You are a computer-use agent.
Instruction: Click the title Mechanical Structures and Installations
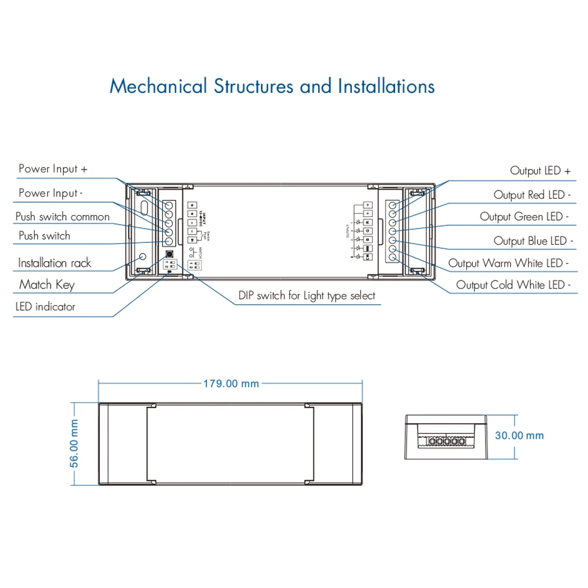(x=272, y=86)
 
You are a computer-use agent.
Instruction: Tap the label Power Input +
(x=53, y=169)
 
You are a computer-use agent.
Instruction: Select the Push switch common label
(x=62, y=216)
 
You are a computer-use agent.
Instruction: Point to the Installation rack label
(x=54, y=263)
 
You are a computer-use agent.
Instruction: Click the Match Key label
(x=47, y=285)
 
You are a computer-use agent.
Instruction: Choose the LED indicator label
(x=45, y=306)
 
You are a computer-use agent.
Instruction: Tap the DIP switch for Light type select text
(x=306, y=295)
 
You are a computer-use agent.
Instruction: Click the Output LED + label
(x=540, y=171)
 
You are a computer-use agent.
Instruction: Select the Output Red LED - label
(x=532, y=195)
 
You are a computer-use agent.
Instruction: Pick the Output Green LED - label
(x=524, y=217)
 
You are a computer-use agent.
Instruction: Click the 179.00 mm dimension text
(x=231, y=383)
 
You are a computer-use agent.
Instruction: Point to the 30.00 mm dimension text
(x=519, y=436)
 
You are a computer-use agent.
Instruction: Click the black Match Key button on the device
(x=169, y=255)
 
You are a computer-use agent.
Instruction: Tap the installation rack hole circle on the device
(x=142, y=257)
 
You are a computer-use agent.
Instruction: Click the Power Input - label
(x=51, y=193)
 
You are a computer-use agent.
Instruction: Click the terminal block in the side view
(x=447, y=441)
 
